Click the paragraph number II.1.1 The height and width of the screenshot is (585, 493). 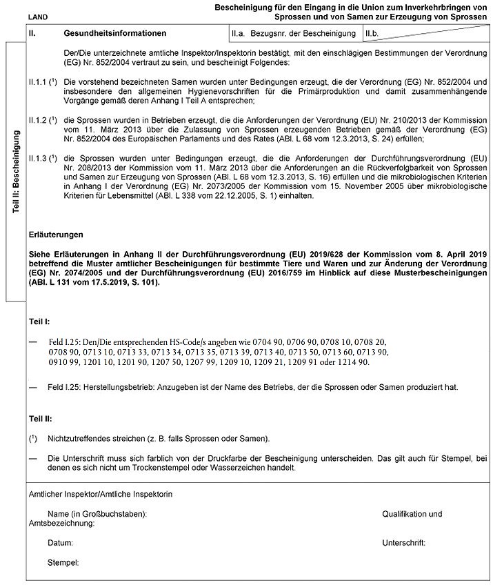[37, 82]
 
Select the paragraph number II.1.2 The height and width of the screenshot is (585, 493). [37, 119]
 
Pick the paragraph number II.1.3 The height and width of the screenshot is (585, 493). [37, 158]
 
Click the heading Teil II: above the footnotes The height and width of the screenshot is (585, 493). [40, 419]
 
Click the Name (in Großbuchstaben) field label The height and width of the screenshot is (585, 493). [97, 514]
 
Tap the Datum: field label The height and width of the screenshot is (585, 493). [61, 543]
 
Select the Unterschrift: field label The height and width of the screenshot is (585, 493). [403, 543]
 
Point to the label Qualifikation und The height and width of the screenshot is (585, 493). [412, 514]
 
